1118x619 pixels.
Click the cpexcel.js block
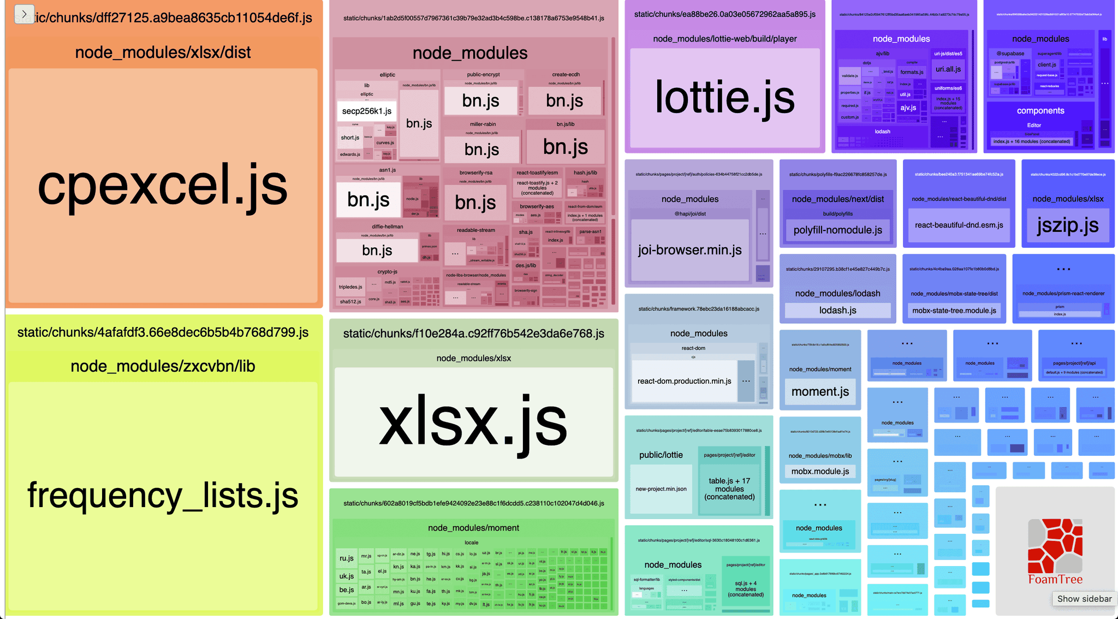163,186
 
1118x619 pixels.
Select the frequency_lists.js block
163,495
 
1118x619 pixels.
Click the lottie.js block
724,98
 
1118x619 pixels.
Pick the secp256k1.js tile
366,111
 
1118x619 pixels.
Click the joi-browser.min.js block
689,250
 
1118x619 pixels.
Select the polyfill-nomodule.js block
837,230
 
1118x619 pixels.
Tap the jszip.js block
1067,225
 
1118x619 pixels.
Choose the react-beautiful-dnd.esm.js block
959,225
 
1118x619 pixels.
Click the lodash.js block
837,311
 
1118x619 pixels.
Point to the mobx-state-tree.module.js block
954,311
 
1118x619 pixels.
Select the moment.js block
820,391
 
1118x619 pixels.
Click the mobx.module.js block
820,472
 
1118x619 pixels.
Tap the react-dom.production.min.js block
684,381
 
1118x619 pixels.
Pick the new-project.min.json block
661,489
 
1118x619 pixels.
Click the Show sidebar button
1084,599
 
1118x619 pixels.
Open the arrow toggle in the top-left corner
24,14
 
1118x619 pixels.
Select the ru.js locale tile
346,558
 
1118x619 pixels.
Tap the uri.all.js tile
948,69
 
